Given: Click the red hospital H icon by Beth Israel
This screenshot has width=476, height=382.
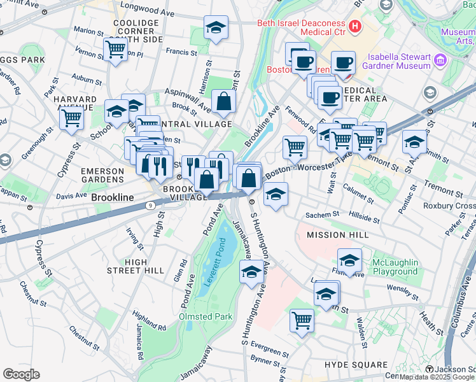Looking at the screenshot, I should [355, 27].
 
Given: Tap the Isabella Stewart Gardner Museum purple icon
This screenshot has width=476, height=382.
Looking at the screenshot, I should [440, 62].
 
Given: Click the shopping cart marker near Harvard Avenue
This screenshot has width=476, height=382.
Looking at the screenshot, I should [72, 118].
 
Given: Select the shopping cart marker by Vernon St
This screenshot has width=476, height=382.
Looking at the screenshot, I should [115, 48].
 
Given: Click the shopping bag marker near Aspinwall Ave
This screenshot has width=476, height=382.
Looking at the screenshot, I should [224, 101].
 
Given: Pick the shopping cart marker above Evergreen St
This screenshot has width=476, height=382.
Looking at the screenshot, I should [302, 320].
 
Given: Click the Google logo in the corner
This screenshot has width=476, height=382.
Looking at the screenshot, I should [21, 374].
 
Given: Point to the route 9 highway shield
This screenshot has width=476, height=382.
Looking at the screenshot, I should [148, 206].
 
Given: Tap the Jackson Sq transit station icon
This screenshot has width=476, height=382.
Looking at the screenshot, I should [430, 370].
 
